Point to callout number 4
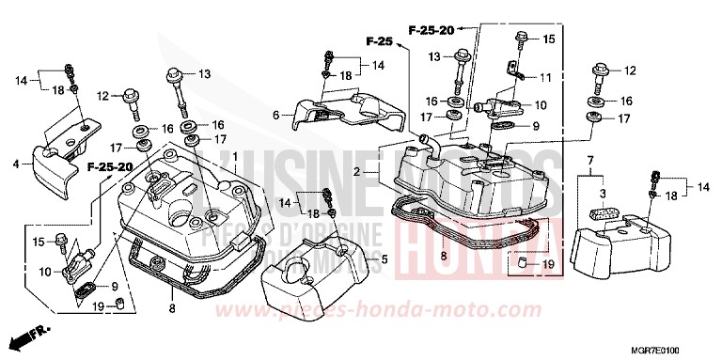tap(16, 164)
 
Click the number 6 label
tap(277, 115)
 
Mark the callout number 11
tap(546, 75)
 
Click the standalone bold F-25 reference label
tap(378, 42)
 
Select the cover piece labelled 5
tap(315, 268)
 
